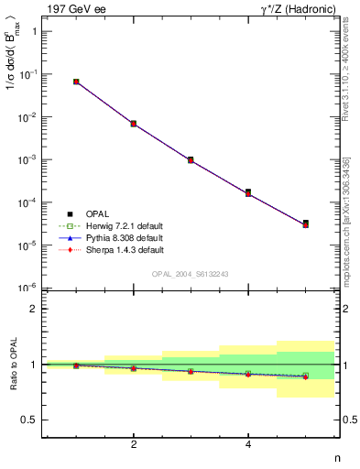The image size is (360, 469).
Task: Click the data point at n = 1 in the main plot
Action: point(76,82)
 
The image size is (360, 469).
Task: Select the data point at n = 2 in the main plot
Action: point(134,124)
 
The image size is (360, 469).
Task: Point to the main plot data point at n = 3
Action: point(191,159)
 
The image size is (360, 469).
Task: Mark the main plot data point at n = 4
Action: point(248,192)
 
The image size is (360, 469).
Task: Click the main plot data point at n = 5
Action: point(305,224)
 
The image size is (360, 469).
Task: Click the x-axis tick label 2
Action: point(134,445)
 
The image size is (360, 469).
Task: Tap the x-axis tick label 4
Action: point(248,445)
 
